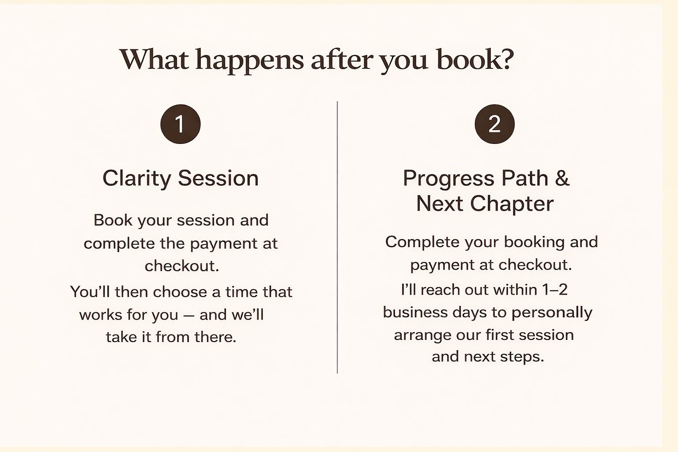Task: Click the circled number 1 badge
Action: click(180, 124)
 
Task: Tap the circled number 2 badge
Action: click(494, 124)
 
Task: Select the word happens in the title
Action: click(249, 60)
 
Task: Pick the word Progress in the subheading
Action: click(448, 179)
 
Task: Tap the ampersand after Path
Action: click(562, 178)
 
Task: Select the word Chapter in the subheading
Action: click(511, 204)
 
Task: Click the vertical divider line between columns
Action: click(337, 238)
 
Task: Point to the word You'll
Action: click(90, 292)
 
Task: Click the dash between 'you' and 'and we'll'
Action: click(188, 315)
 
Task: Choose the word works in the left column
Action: click(100, 315)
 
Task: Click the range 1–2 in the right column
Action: click(555, 290)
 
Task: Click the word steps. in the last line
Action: click(522, 357)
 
